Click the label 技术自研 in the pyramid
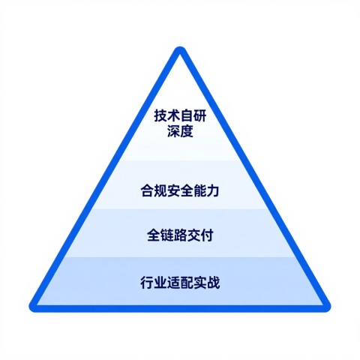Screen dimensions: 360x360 pos(180,115)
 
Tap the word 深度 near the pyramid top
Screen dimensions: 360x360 pos(180,130)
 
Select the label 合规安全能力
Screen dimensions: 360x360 pos(180,191)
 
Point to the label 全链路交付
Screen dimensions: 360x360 pos(180,235)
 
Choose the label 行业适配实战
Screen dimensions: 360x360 pos(180,283)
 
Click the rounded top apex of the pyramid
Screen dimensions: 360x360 pos(180,49)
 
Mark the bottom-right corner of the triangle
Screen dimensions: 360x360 pos(326,307)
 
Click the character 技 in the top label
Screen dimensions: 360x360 pos(160,115)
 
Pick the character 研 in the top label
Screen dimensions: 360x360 pos(200,115)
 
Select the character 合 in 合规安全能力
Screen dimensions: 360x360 pos(147,191)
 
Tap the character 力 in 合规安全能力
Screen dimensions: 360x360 pos(213,191)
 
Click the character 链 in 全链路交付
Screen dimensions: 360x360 pos(166,235)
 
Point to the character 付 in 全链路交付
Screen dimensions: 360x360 pos(207,235)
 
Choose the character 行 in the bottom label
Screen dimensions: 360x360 pos(147,283)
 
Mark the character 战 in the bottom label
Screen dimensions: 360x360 pos(213,283)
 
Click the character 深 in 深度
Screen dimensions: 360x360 pos(173,130)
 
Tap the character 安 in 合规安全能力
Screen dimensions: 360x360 pos(173,191)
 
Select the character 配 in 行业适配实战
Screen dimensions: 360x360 pos(187,283)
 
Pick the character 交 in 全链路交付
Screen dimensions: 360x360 pos(193,235)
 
